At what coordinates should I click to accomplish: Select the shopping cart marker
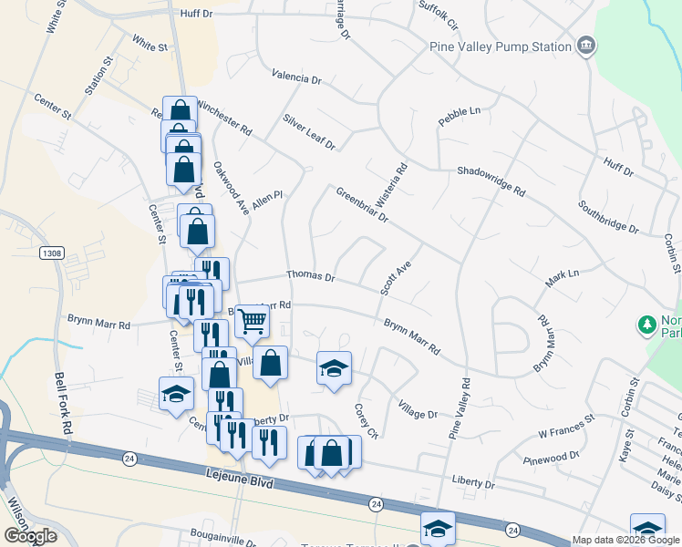point(253,320)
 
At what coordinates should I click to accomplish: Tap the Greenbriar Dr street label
point(362,205)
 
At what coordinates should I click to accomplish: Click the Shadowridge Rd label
point(491,181)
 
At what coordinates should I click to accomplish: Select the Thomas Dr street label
point(311,275)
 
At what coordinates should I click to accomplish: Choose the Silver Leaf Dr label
point(309,132)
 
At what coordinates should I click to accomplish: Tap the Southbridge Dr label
point(608,214)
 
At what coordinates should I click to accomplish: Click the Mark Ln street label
point(562,279)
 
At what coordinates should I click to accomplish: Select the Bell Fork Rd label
point(62,402)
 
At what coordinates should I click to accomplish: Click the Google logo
point(30,536)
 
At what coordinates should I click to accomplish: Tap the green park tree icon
point(647,325)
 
